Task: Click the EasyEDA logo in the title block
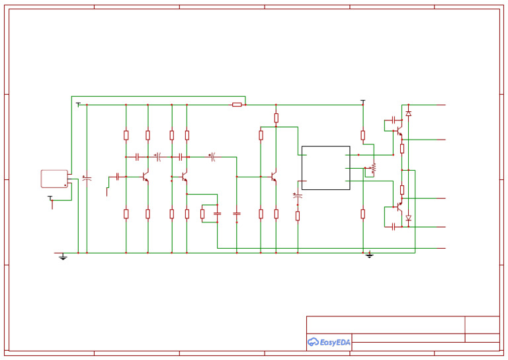[329, 342]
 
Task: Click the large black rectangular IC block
[325, 167]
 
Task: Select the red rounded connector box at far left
[54, 179]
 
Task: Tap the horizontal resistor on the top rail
[237, 105]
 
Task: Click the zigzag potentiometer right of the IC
[373, 168]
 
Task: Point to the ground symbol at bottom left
[63, 256]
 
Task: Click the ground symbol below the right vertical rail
[369, 255]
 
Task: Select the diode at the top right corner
[408, 114]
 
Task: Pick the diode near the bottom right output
[408, 217]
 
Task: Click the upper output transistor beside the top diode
[399, 132]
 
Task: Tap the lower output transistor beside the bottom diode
[399, 206]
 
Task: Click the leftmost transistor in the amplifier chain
[145, 177]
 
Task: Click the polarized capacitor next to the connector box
[87, 178]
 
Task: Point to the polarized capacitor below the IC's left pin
[297, 196]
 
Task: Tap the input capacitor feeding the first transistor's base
[117, 177]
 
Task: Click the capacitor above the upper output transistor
[394, 120]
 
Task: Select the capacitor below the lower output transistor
[394, 226]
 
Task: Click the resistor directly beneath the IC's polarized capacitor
[297, 215]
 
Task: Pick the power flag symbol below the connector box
[50, 198]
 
